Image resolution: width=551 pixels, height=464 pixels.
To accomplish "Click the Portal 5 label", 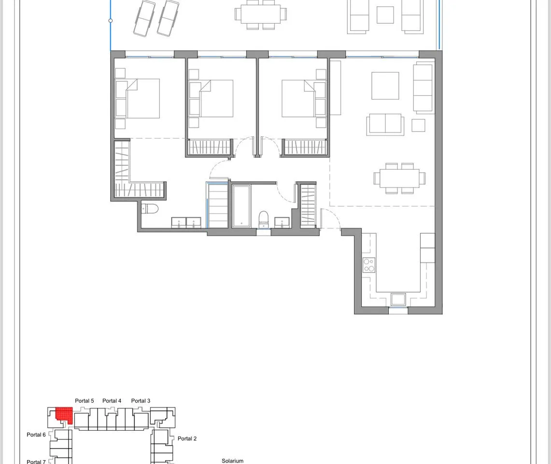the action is point(85,401).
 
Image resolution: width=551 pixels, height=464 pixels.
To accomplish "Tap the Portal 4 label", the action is point(112,401).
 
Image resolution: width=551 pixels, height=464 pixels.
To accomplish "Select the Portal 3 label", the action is point(141,401).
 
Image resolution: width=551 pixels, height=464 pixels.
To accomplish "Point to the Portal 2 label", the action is point(187,438).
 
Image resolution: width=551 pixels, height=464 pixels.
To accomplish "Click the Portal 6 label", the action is point(36,435).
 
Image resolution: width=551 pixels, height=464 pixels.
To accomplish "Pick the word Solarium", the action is point(232,461).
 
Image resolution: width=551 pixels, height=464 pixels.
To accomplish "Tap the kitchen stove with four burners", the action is point(369,265).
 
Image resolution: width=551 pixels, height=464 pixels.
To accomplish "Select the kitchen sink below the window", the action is point(398,300).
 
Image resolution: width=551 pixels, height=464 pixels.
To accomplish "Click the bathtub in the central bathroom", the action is point(241,206).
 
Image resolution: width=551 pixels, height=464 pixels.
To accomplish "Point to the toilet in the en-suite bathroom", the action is point(150,209).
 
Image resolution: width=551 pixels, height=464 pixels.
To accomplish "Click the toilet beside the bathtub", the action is point(264,220).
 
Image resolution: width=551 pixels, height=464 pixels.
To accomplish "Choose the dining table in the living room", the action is point(399,178).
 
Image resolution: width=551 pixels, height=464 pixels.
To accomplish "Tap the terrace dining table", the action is point(260,14).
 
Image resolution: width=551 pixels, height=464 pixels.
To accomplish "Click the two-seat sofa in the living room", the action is point(385,124).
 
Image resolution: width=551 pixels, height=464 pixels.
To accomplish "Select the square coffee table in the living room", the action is point(385,86).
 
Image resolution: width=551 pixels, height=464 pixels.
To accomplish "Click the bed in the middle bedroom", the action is point(211,98).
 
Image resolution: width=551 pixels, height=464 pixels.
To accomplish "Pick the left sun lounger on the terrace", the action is point(144,18).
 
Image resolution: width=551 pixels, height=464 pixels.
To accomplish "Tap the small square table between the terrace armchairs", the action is point(385,15).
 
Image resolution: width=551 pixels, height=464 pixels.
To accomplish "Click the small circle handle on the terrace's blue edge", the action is point(110,21).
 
